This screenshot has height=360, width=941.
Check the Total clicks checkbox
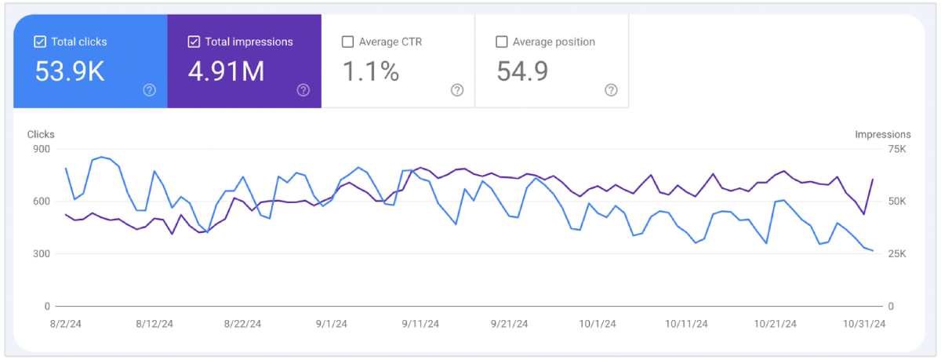click(40, 42)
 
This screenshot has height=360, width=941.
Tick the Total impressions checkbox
click(194, 42)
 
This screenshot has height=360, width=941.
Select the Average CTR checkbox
click(348, 42)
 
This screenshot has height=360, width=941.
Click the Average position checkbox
click(502, 42)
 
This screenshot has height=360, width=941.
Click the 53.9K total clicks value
click(69, 71)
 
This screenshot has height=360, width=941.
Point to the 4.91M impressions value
click(226, 71)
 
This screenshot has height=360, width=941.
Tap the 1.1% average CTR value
click(371, 71)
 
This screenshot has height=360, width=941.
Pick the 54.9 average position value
click(522, 71)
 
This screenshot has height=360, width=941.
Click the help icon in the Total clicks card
click(150, 90)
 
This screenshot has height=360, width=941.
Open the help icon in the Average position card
click(611, 90)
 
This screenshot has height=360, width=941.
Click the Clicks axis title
click(41, 135)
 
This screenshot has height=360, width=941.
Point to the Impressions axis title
click(883, 135)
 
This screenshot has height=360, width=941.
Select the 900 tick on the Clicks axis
click(42, 149)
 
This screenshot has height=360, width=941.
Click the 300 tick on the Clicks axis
click(42, 254)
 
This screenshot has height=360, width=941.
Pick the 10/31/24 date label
click(863, 323)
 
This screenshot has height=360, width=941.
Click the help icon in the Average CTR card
click(457, 90)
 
